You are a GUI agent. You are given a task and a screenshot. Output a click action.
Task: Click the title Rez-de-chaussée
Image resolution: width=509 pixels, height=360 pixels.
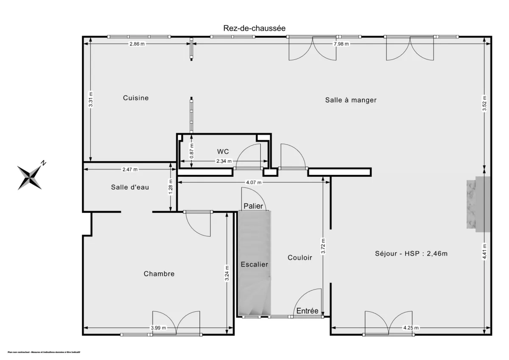pos(254,28)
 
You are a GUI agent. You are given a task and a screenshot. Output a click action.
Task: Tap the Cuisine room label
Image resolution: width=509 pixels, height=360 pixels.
pos(136,98)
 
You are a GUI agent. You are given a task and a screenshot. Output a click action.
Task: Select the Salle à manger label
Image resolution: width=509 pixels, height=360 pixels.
pos(351,100)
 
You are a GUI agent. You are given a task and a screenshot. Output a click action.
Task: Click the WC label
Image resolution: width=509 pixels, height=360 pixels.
pos(223,151)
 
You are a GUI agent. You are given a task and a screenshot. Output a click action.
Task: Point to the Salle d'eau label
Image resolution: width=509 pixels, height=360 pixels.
pos(130,187)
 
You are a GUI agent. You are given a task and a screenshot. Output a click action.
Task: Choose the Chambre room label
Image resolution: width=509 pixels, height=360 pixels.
pos(159,274)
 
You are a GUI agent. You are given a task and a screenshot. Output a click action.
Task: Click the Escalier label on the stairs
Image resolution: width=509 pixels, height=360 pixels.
pos(255,264)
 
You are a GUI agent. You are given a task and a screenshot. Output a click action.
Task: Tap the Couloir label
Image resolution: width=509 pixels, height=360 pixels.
pos(300,257)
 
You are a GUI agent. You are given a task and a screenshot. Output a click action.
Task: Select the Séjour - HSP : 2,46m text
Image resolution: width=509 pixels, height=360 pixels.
pos(411,254)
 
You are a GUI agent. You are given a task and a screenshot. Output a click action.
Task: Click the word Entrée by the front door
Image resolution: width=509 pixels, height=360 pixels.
pos(308,311)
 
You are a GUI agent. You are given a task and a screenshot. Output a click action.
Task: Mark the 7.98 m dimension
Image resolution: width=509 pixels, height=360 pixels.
pos(341,44)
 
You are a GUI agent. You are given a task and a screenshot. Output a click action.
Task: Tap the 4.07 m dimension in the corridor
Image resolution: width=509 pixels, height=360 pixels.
pos(254,182)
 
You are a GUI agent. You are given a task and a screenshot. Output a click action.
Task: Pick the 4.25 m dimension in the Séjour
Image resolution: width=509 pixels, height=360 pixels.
pos(411,328)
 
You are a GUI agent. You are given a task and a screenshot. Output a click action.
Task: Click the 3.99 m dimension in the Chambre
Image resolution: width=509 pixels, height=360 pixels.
pos(158,328)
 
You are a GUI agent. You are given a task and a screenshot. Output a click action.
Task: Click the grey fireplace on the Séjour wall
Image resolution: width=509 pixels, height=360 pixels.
pos(478,204)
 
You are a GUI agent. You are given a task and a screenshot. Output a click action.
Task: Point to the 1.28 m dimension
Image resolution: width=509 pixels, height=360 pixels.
pos(171,188)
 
